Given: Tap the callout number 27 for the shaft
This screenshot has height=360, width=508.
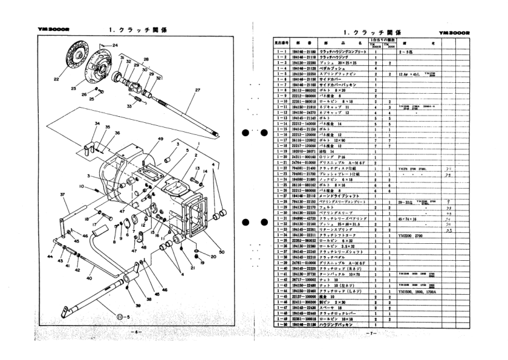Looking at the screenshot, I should [x=198, y=90].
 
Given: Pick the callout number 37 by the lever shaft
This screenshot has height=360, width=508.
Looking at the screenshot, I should [x=45, y=194].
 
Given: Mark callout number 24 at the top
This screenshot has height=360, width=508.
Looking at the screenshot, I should [x=116, y=45].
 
